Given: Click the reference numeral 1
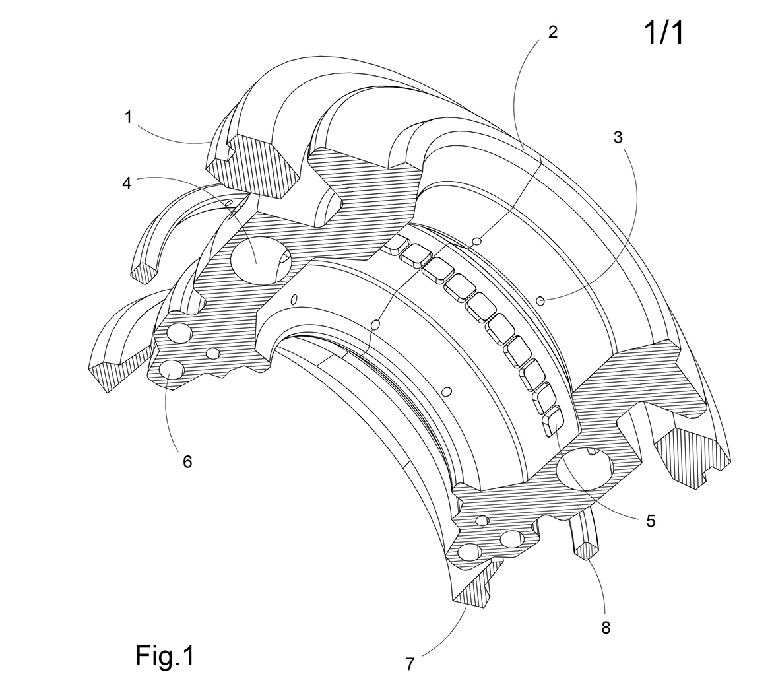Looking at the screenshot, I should [129, 117].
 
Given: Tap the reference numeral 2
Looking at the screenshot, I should [553, 32].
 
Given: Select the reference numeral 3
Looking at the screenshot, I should [618, 137].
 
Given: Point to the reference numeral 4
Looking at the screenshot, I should [127, 183].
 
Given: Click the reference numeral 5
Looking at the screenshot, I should [651, 521].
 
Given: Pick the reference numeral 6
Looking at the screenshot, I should [187, 461].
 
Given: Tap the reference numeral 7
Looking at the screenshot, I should [410, 663].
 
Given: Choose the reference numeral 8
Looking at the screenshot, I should [606, 627].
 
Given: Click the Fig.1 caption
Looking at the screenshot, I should [165, 656].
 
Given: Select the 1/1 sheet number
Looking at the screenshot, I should [664, 34].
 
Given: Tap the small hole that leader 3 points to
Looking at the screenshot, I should [540, 301].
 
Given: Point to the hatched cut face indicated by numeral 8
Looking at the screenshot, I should [587, 549].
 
